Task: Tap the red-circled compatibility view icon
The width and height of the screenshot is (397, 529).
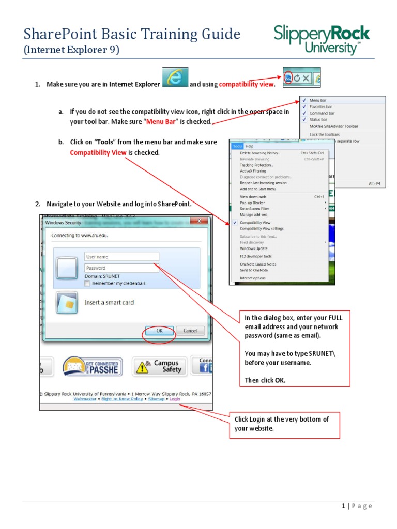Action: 289,78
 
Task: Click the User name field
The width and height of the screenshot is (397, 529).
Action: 121,257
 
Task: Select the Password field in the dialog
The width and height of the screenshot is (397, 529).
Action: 121,268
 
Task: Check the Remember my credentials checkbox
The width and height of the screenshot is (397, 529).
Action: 87,283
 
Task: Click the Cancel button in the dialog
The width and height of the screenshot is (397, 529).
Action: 190,331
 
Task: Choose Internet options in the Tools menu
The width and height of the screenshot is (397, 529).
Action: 252,278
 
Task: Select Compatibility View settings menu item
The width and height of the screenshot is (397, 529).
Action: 262,228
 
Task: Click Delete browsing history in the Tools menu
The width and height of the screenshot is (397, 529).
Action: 259,153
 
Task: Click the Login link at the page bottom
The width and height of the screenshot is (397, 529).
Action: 175,399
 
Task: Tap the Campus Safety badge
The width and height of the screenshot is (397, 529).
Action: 159,366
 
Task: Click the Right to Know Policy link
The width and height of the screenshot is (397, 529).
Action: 122,399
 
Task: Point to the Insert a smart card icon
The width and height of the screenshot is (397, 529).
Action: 67,302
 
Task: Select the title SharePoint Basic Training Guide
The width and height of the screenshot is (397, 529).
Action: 132,35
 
